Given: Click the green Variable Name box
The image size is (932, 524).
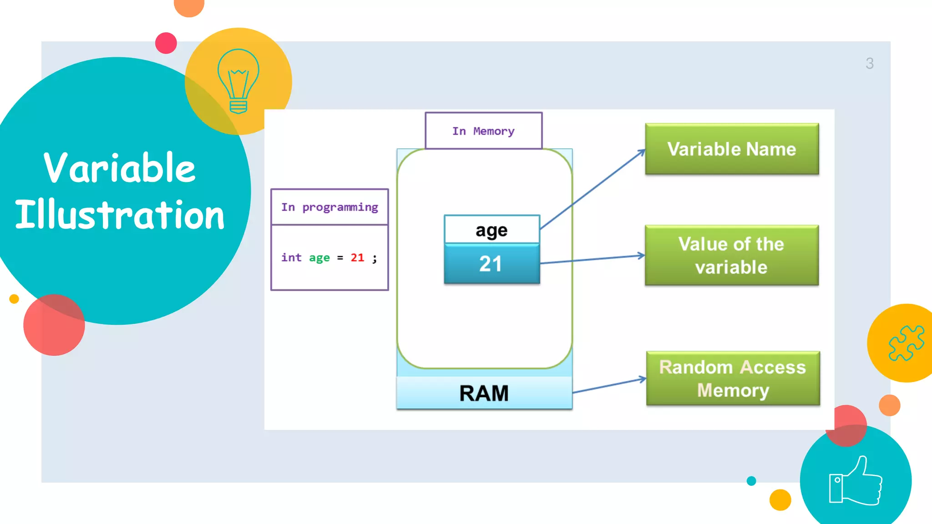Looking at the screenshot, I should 732,149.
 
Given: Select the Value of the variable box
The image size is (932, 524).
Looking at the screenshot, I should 732,255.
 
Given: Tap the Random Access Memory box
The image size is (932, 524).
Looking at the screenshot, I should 733,378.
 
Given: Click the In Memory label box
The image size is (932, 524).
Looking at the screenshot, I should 483,131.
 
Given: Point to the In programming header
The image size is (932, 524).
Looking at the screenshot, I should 329,207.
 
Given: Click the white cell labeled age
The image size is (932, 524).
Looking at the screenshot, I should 491,230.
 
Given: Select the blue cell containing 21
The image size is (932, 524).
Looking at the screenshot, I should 491,264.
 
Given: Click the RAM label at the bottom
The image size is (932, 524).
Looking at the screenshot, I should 484,393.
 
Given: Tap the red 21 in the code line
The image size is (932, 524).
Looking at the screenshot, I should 357,258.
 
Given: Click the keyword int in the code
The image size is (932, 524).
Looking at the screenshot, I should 291,258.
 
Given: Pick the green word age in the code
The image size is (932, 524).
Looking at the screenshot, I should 319,258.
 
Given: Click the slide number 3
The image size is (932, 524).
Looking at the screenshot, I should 869,63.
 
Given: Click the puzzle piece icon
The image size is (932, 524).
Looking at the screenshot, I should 906,343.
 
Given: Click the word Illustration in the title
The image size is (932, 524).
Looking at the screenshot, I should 120,215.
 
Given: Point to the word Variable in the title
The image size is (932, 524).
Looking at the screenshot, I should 119,168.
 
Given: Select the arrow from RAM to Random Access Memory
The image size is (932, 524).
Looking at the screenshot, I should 609,385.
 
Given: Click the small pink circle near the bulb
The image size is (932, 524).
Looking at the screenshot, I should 166,43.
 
